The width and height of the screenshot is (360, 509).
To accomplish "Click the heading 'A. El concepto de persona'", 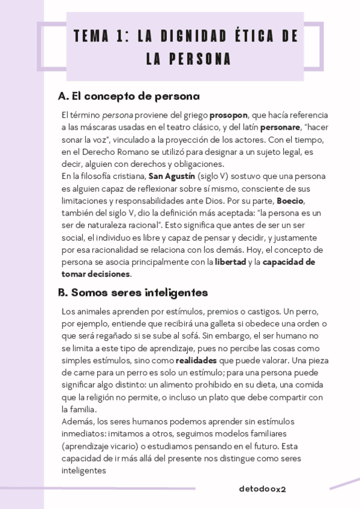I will (128, 96).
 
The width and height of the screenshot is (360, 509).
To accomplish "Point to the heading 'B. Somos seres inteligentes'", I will (133, 293).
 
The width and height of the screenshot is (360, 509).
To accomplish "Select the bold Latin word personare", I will (281, 128).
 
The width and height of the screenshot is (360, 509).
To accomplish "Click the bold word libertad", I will (230, 262).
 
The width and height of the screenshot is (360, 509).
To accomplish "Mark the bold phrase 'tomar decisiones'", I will (95, 274).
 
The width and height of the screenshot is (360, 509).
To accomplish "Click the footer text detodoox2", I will (262, 489).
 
